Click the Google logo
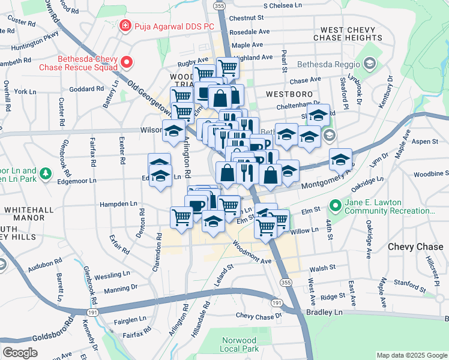(20, 353)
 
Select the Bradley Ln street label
(327, 313)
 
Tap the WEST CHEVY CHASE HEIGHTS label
(348, 34)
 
